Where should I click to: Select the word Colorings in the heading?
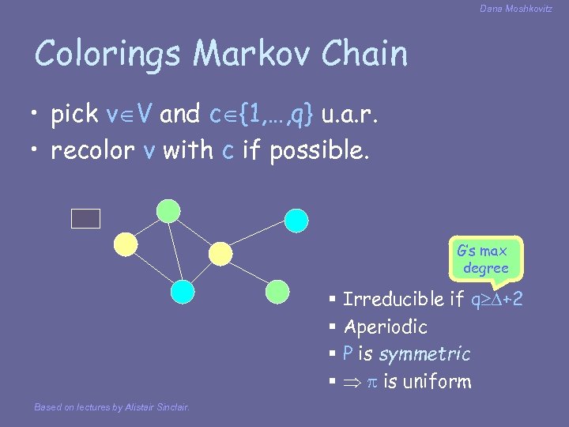coord(110,55)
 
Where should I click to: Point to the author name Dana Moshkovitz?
coord(515,9)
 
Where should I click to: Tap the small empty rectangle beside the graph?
coord(85,219)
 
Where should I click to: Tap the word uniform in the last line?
coord(437,382)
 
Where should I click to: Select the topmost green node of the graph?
coord(168,210)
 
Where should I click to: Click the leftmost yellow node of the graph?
coord(128,244)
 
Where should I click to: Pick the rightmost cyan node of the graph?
coord(296,221)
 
